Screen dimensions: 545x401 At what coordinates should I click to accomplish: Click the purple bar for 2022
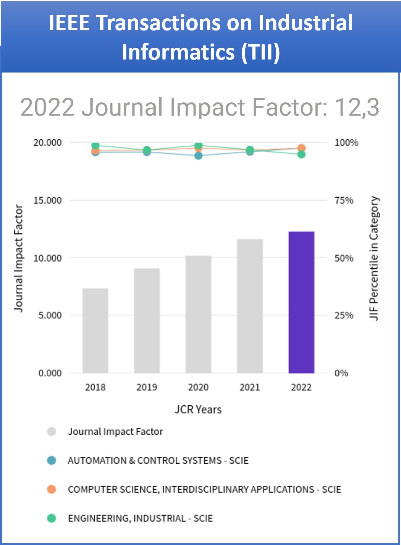pyautogui.click(x=301, y=302)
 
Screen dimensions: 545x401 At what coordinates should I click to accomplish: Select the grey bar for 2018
pyautogui.click(x=95, y=331)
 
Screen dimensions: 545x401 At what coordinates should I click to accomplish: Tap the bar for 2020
pyautogui.click(x=198, y=314)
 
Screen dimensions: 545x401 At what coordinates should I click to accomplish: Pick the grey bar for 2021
pyautogui.click(x=250, y=306)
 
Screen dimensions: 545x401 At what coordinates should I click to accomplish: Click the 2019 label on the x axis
pyautogui.click(x=147, y=387)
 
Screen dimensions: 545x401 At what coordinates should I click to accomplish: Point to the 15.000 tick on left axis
pyautogui.click(x=47, y=200)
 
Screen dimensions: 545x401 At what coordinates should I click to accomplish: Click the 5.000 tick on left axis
pyautogui.click(x=50, y=316)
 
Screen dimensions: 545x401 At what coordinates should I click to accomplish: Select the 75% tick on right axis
pyautogui.click(x=344, y=200)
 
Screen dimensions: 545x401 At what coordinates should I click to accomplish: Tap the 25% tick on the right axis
pyautogui.click(x=344, y=316)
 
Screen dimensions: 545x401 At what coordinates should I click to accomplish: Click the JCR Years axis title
pyautogui.click(x=198, y=410)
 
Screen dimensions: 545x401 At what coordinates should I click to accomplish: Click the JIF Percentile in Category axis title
pyautogui.click(x=374, y=258)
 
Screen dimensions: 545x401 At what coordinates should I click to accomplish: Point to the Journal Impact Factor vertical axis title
pyautogui.click(x=18, y=258)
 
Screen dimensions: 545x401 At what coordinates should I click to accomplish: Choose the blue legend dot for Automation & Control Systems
pyautogui.click(x=52, y=460)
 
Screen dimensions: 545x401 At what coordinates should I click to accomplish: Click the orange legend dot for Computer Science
pyautogui.click(x=52, y=489)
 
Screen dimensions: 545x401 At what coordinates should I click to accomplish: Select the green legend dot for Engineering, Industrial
pyautogui.click(x=52, y=518)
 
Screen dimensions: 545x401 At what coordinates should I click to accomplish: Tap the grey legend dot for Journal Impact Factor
pyautogui.click(x=52, y=432)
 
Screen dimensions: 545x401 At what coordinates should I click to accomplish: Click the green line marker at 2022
pyautogui.click(x=301, y=154)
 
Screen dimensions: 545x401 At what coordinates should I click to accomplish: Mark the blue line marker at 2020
pyautogui.click(x=198, y=156)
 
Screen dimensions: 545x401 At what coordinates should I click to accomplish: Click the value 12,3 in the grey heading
pyautogui.click(x=357, y=107)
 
